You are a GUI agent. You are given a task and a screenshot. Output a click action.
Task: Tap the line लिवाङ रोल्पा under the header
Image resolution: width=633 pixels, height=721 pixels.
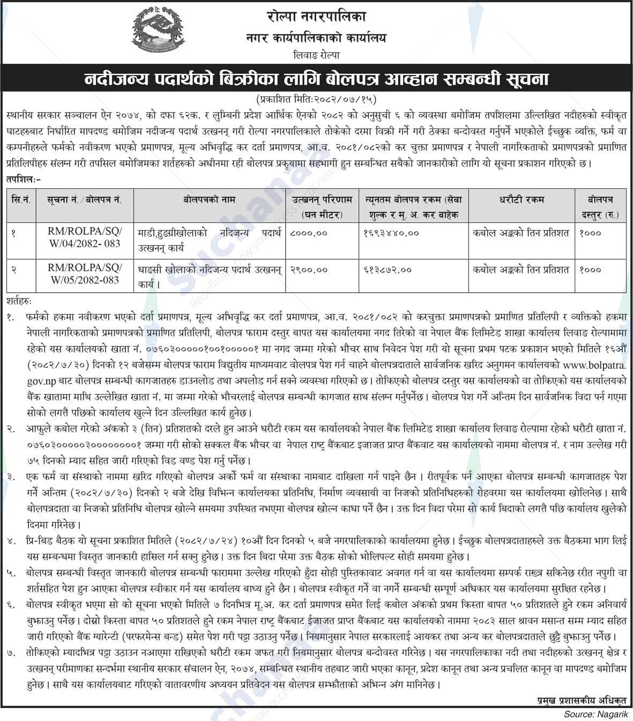coord(316,55)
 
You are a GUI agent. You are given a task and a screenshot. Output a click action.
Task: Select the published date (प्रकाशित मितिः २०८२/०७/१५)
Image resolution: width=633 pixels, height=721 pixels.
coord(316,99)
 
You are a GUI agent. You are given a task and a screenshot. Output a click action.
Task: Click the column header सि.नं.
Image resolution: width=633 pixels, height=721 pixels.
coord(21,199)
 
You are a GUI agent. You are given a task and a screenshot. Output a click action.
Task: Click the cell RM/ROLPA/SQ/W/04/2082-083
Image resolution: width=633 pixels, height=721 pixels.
coord(85,237)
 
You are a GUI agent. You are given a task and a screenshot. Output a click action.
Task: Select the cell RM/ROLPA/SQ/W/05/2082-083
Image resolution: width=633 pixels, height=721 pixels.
coord(85,274)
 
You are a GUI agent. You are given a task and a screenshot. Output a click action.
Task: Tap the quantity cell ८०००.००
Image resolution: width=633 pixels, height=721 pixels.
coord(309,233)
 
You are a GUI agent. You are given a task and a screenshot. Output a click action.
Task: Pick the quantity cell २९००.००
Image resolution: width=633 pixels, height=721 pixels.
coord(309,270)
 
